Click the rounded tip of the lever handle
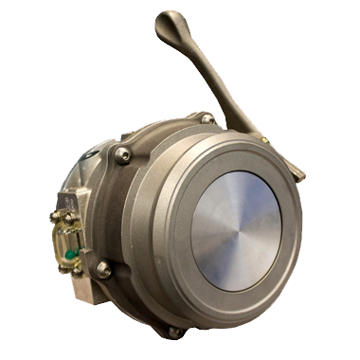[x=168, y=20]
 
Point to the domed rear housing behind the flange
[x=142, y=133]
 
